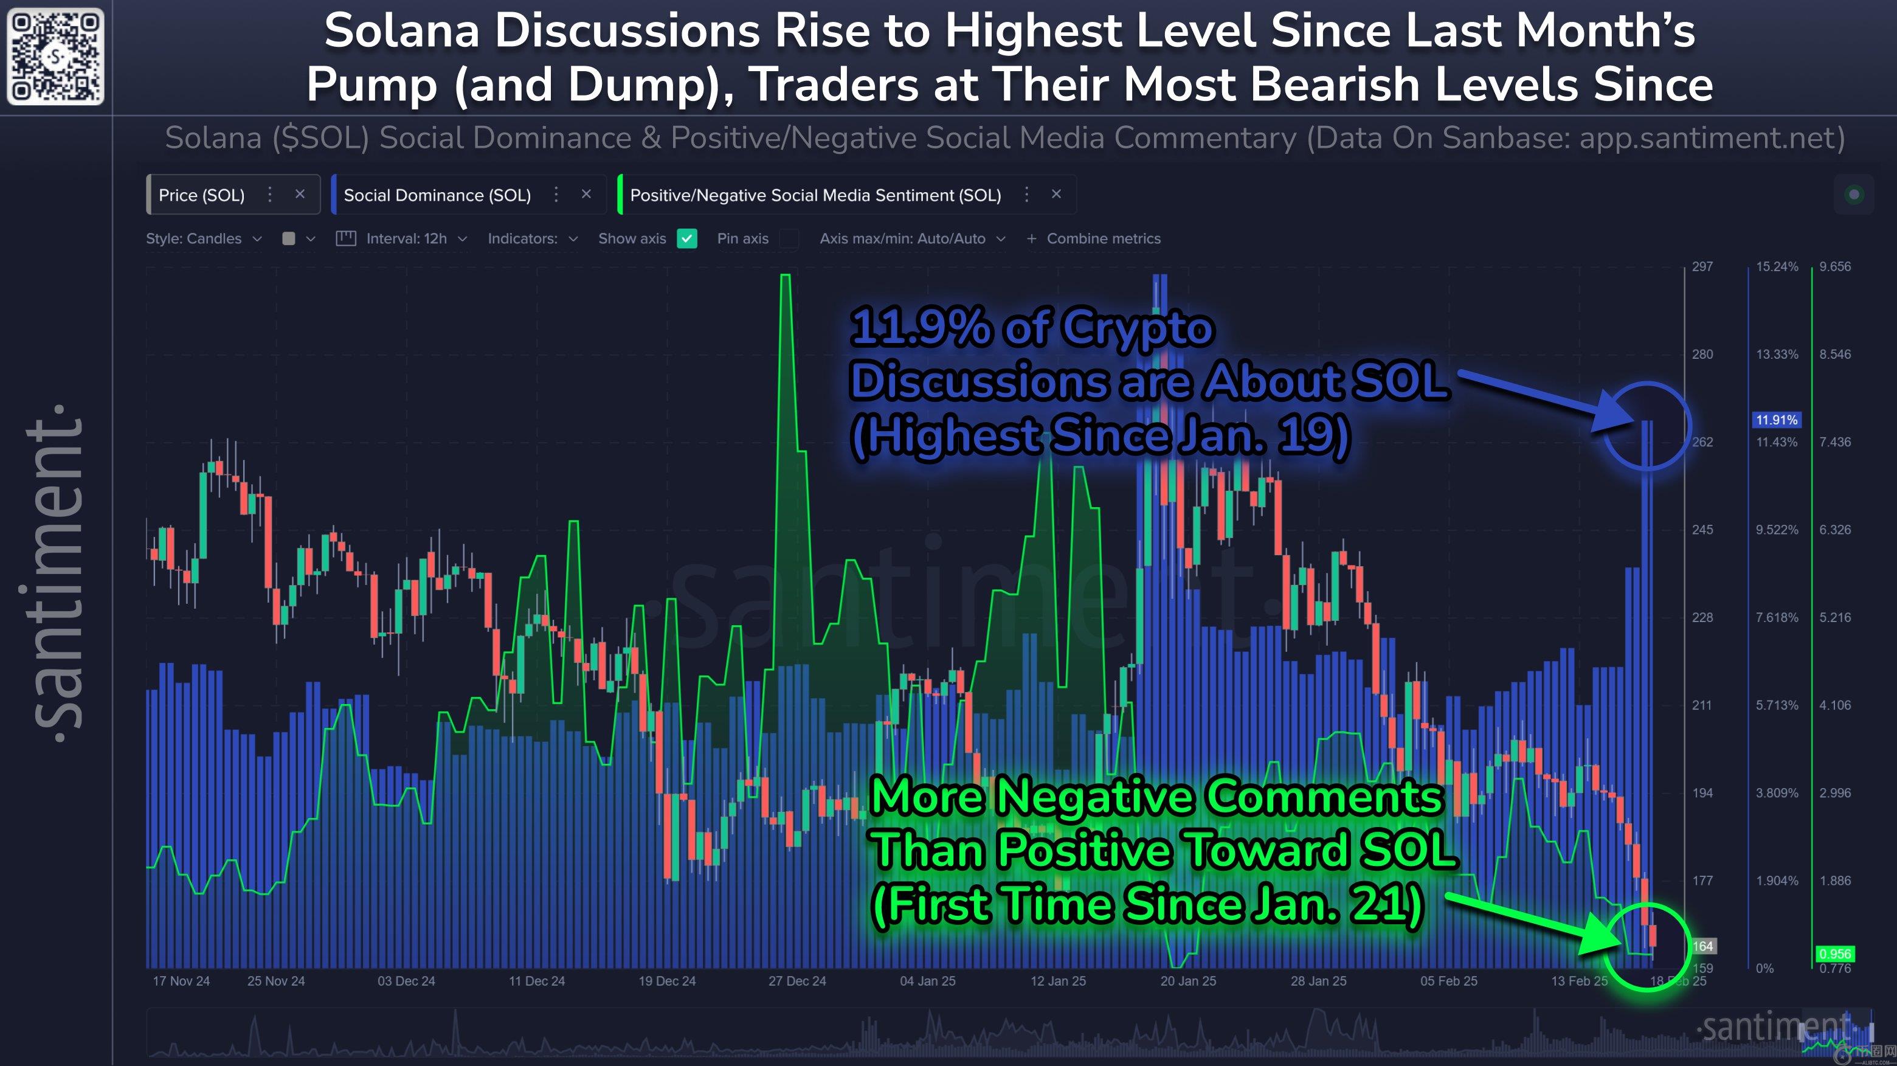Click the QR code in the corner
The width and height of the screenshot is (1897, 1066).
[55, 56]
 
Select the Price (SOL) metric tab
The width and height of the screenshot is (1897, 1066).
[201, 195]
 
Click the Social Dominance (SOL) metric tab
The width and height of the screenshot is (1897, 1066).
[437, 195]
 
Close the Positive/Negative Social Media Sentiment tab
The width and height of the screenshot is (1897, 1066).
[1056, 195]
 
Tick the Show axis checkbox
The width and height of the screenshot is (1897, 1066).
[686, 239]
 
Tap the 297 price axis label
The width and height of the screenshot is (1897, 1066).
[1702, 267]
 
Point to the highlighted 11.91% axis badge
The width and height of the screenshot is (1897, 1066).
[1776, 420]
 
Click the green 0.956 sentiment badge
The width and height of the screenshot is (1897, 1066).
[1834, 954]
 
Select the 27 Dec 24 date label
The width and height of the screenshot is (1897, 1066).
[796, 981]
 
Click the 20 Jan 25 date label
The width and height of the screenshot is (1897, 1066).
[1188, 981]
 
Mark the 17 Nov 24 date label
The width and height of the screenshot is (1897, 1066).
[181, 981]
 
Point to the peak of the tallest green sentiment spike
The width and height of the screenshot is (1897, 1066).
[785, 277]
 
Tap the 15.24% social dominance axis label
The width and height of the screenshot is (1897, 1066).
[1776, 267]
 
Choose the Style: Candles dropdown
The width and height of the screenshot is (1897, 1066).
[203, 239]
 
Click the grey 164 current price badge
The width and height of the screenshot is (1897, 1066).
[1702, 946]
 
